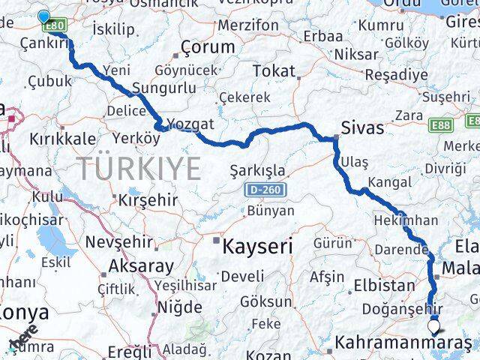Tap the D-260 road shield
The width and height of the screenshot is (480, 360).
point(264,190)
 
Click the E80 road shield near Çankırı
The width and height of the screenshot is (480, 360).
point(55,27)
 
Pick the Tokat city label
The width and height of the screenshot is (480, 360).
point(274,70)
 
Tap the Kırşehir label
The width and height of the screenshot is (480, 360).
point(148,200)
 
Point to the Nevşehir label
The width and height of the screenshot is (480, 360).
point(119,242)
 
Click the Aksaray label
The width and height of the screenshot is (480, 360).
point(141,265)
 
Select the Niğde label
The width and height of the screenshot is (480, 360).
point(180,307)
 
